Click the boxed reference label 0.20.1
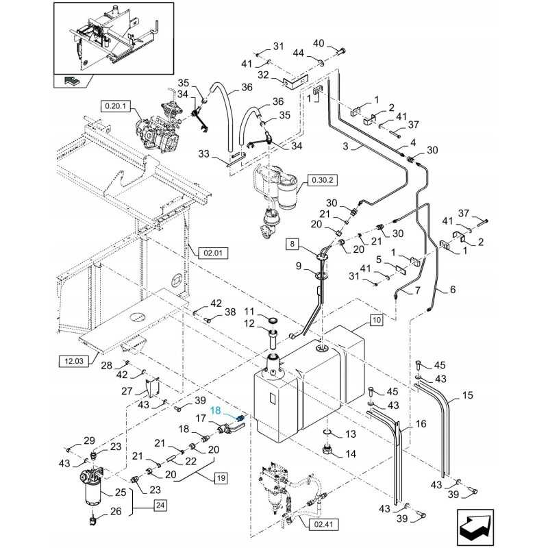point(116,106)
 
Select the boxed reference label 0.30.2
point(322,180)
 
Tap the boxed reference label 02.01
point(213,253)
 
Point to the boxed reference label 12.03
point(74,361)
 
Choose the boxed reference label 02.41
point(323,524)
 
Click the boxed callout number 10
point(376,320)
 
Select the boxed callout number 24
point(160,505)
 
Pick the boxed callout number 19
point(221,477)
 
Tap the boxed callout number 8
point(292,244)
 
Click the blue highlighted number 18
point(216,410)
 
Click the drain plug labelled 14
point(329,449)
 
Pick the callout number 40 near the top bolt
point(319,44)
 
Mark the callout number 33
point(203,153)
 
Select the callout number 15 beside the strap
point(468,395)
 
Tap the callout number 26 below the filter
point(115,511)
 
